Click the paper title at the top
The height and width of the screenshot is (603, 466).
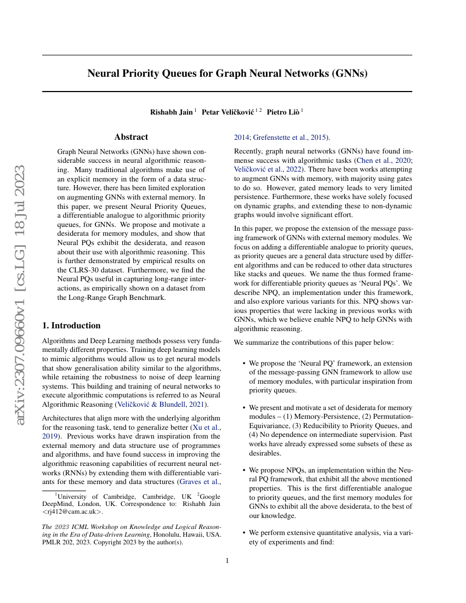(227, 73)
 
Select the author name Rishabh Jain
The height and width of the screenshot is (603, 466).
(171, 112)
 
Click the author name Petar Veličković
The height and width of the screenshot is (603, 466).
(228, 112)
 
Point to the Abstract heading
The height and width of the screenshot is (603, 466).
(131, 137)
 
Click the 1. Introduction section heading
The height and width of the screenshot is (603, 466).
(71, 325)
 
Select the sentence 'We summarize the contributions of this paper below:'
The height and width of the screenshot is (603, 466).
(314, 343)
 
